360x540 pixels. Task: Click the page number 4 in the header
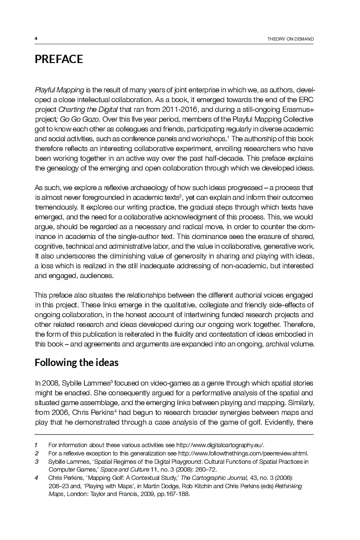[x=36, y=39]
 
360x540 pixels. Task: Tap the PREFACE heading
[x=59, y=60]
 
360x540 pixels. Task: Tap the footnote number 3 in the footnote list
[x=36, y=461]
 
